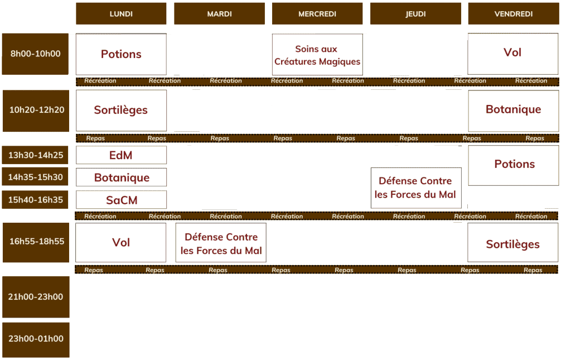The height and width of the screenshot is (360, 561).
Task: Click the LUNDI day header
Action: coord(121,13)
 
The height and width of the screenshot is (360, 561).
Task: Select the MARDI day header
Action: coord(219,13)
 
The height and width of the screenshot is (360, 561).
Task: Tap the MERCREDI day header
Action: coord(317,13)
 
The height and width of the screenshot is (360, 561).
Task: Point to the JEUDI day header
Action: coord(415,13)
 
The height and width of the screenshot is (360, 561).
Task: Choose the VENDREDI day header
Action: coord(514,13)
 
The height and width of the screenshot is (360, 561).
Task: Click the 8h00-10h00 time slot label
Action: coord(35,54)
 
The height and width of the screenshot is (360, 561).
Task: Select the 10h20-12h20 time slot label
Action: coord(36,111)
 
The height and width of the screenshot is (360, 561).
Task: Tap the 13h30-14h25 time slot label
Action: coord(35,155)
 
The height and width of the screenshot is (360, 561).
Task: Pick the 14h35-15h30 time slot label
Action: coord(35,176)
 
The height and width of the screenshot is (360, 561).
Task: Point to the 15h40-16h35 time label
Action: coord(35,199)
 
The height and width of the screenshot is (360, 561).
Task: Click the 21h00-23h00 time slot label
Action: coord(36,297)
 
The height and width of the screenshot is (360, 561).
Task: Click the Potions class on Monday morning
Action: coord(121,54)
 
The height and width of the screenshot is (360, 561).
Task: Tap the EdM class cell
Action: coord(121,155)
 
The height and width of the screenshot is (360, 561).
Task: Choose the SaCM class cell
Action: coord(121,199)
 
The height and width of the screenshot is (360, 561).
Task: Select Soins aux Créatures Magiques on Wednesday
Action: coord(317,55)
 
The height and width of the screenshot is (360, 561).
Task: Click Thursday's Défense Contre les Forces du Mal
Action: coord(416,188)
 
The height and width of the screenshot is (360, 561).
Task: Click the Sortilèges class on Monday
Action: coord(121,111)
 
